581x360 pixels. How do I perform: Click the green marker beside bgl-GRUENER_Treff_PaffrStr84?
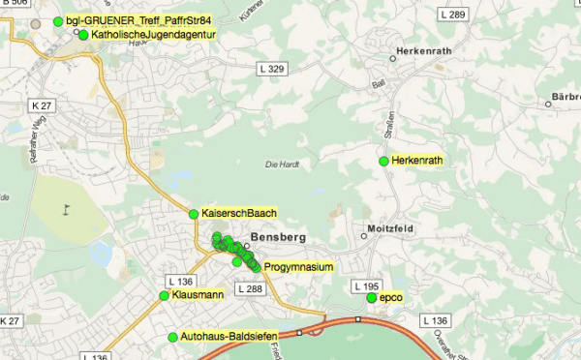click(x=58, y=21)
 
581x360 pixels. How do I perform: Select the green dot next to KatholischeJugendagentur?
click(x=83, y=35)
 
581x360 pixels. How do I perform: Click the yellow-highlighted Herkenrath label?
click(x=418, y=160)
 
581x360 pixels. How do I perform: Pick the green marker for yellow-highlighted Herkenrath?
click(x=383, y=160)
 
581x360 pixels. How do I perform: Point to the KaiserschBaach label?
click(x=239, y=213)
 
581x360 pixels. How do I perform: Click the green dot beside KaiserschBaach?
click(x=194, y=214)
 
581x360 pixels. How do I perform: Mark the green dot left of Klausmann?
click(x=164, y=295)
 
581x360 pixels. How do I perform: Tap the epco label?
click(x=391, y=297)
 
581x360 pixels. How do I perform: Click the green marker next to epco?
click(x=372, y=297)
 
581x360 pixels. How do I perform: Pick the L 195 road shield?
click(x=367, y=286)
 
